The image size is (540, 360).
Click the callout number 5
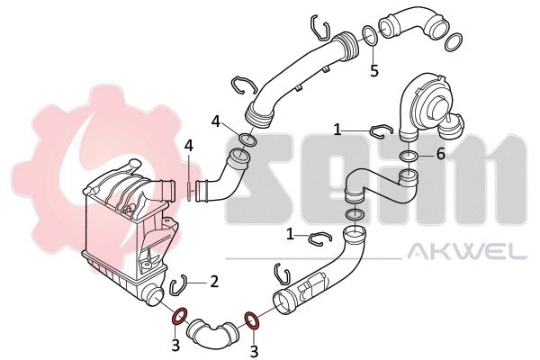click(x=374, y=69)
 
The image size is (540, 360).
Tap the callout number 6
click(x=440, y=154)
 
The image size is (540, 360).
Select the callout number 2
click(x=214, y=282)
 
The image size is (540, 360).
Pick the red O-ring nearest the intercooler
click(x=178, y=316)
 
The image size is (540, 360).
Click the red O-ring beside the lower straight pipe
click(x=253, y=318)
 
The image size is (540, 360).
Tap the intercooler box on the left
click(x=126, y=234)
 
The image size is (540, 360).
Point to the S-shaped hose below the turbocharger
click(x=378, y=186)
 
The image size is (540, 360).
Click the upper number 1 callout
click(x=337, y=130)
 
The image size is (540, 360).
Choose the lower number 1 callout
click(x=291, y=234)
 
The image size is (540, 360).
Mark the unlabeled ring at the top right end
click(x=454, y=40)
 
